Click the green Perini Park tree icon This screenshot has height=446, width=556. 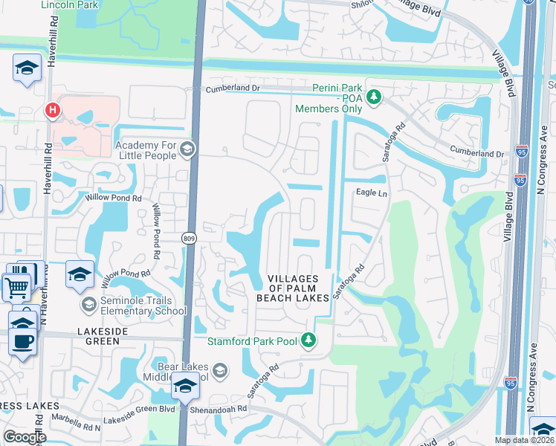tap(375, 97)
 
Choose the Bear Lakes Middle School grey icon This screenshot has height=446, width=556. tap(220, 370)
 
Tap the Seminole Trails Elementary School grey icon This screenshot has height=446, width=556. tap(88, 305)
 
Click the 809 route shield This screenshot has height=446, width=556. tap(188, 237)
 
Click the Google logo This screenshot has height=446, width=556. tap(25, 437)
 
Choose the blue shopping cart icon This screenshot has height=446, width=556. tap(16, 286)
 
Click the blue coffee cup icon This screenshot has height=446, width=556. tap(22, 341)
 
